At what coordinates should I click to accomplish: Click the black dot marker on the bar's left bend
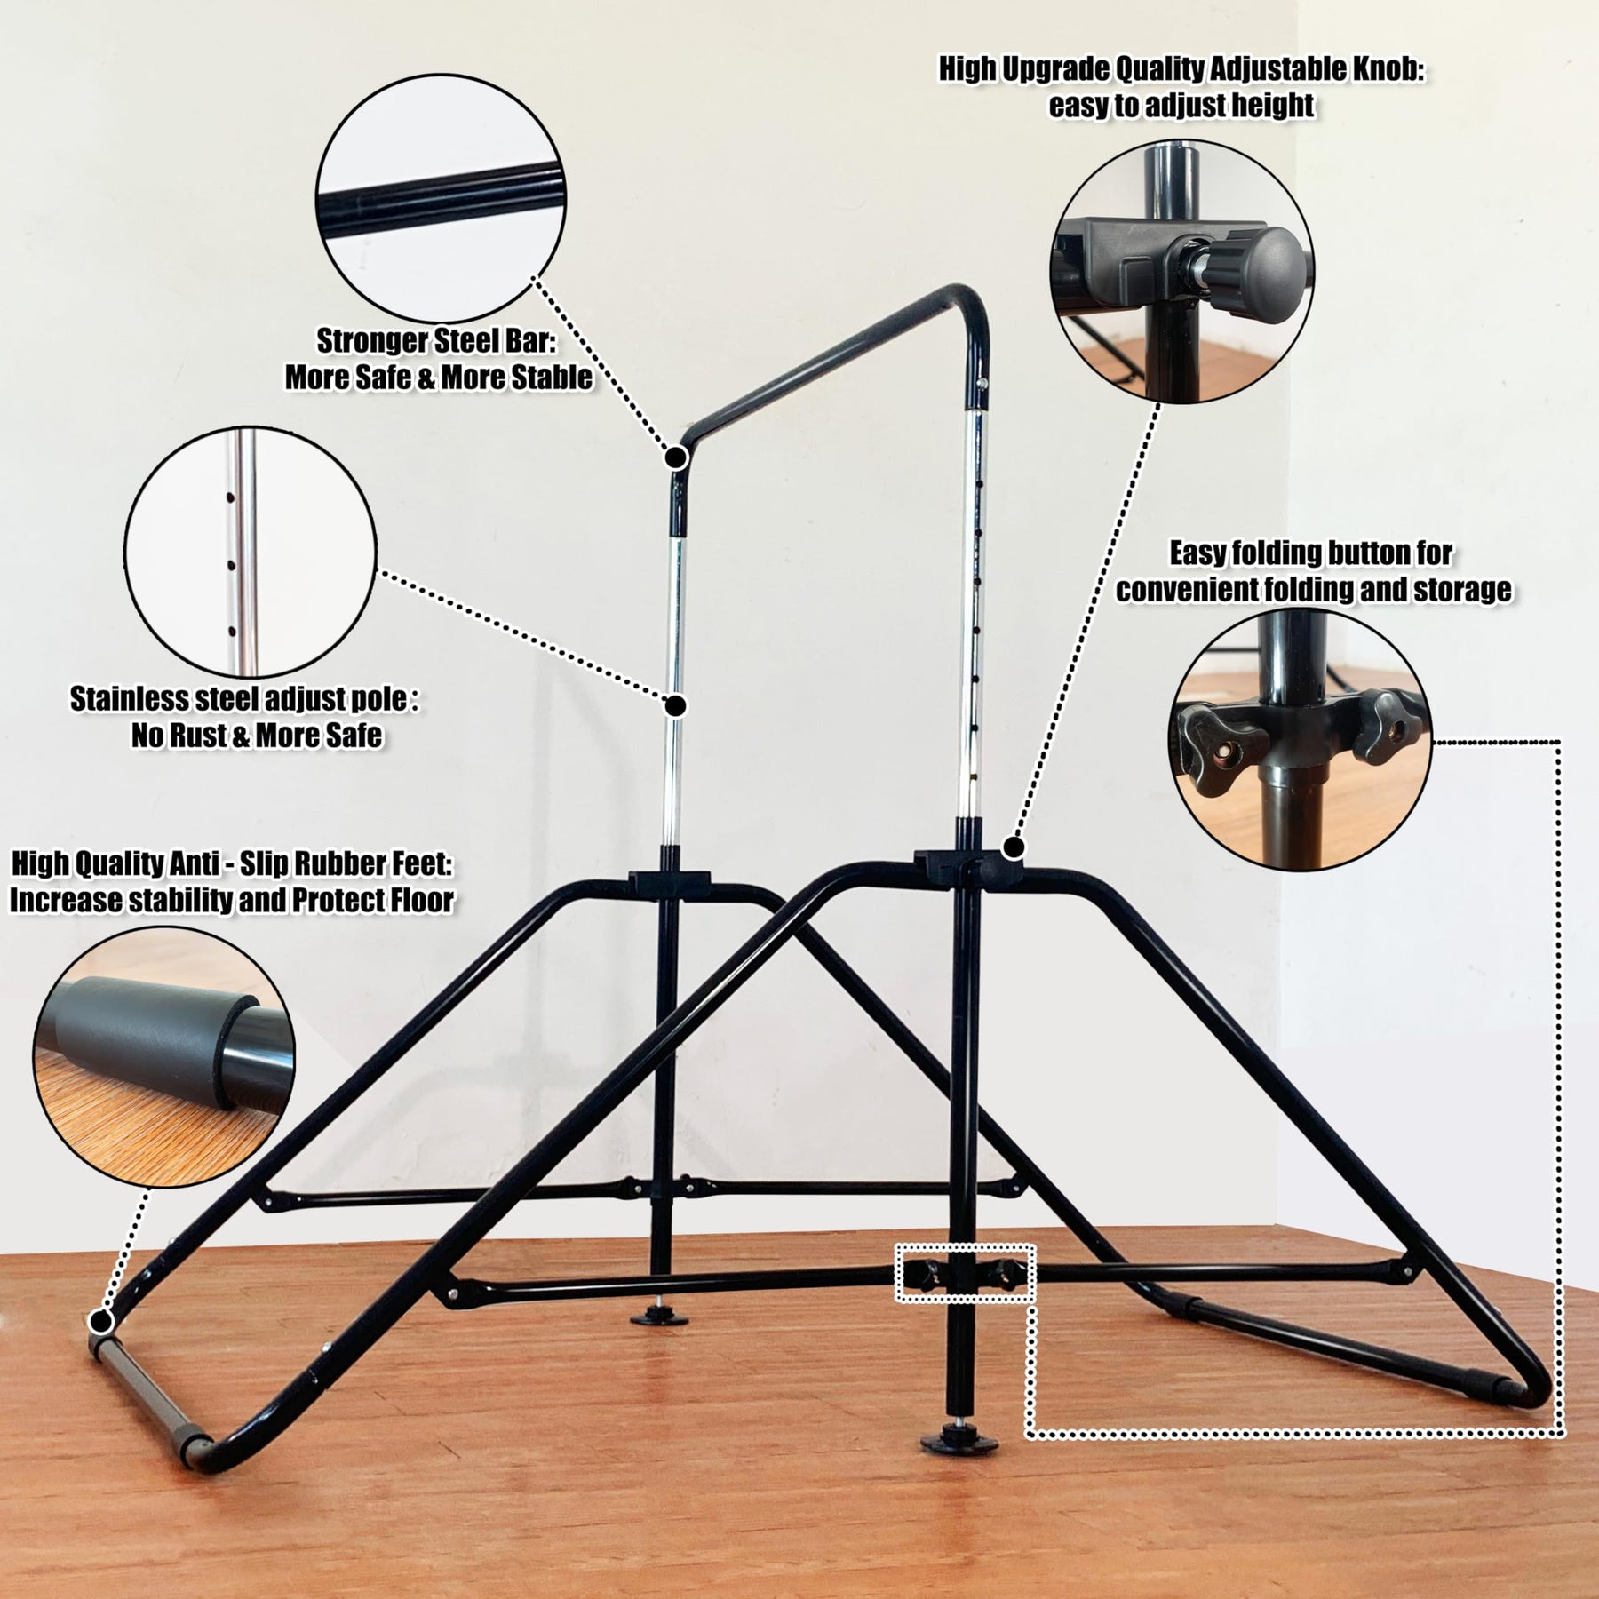click(676, 457)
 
